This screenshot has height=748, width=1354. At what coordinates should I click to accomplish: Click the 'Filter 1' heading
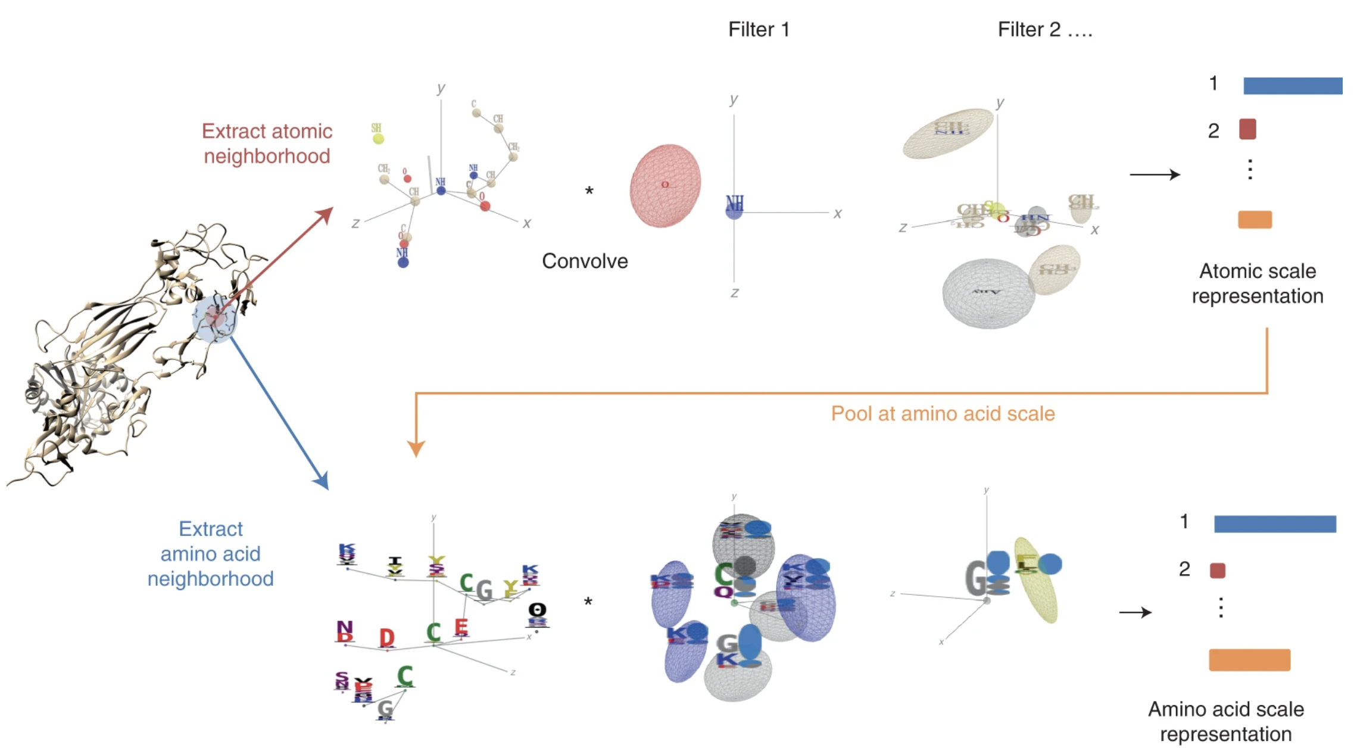pyautogui.click(x=759, y=30)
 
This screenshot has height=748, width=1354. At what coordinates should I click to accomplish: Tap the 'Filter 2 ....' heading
pyautogui.click(x=1044, y=30)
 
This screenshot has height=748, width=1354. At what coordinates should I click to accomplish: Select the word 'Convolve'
pyautogui.click(x=585, y=261)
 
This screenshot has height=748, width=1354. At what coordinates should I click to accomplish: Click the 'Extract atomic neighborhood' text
pyautogui.click(x=267, y=144)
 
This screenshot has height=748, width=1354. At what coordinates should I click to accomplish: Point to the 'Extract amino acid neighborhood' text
pyautogui.click(x=211, y=554)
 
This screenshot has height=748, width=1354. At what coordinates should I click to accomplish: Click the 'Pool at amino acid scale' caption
pyautogui.click(x=943, y=413)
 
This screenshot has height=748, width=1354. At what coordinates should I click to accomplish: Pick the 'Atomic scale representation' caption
pyautogui.click(x=1258, y=283)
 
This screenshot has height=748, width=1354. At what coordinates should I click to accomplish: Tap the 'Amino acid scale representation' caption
pyautogui.click(x=1226, y=721)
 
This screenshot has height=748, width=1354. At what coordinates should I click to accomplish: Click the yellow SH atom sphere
pyautogui.click(x=378, y=139)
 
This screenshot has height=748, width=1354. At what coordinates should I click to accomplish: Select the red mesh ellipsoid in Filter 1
pyautogui.click(x=665, y=185)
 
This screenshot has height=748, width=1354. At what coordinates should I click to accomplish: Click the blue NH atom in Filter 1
pyautogui.click(x=734, y=211)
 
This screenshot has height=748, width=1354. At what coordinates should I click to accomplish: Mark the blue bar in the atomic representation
pyautogui.click(x=1292, y=86)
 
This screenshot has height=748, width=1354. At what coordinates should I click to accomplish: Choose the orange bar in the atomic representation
pyautogui.click(x=1255, y=220)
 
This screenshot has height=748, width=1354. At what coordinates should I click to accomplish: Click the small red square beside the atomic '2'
pyautogui.click(x=1247, y=129)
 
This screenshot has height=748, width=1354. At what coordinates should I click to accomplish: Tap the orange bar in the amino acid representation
pyautogui.click(x=1249, y=660)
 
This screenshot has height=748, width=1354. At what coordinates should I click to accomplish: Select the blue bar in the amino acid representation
pyautogui.click(x=1275, y=524)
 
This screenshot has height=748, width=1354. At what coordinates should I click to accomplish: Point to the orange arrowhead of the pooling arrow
pyautogui.click(x=416, y=448)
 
